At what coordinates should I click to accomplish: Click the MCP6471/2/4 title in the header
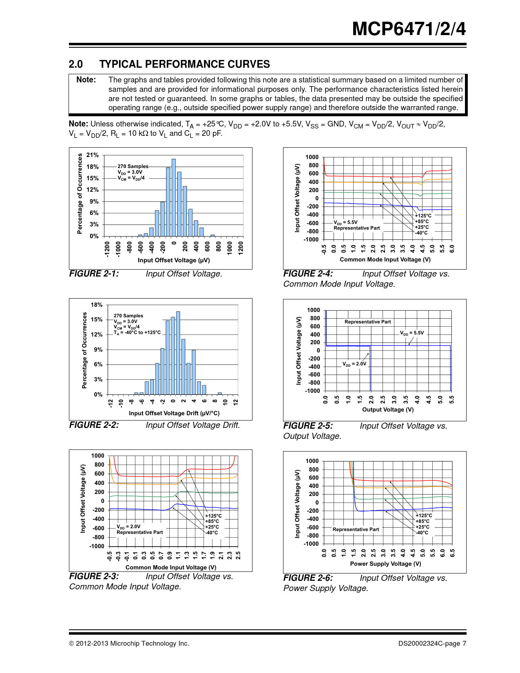tap(409, 29)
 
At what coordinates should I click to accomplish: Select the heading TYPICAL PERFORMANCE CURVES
tap(184, 64)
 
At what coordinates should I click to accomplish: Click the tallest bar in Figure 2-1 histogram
tap(174, 198)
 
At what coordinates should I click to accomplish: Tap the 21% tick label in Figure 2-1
tap(93, 155)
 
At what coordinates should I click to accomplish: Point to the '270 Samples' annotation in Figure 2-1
tap(133, 166)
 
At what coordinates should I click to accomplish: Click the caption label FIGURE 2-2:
tap(94, 425)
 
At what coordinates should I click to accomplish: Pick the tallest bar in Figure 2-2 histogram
tap(178, 353)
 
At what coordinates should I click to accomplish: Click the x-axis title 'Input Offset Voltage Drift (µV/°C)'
tap(174, 413)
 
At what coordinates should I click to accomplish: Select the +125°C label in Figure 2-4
tap(423, 216)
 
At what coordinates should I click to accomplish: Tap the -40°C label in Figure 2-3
tap(212, 532)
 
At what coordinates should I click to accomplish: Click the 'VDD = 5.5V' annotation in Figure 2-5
tap(412, 333)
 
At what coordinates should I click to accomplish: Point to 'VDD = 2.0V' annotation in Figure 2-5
tap(354, 364)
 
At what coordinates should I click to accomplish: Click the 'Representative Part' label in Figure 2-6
tap(356, 529)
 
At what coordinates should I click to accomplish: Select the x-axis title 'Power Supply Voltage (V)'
tap(385, 564)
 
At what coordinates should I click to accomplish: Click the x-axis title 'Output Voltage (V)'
tap(388, 410)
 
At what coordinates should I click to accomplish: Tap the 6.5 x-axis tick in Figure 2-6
tap(452, 553)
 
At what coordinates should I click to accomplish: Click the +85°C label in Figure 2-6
tap(423, 521)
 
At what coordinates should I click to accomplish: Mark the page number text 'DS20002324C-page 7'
tap(432, 644)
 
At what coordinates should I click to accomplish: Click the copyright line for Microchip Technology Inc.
tap(129, 644)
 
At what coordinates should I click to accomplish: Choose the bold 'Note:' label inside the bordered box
tap(86, 80)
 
